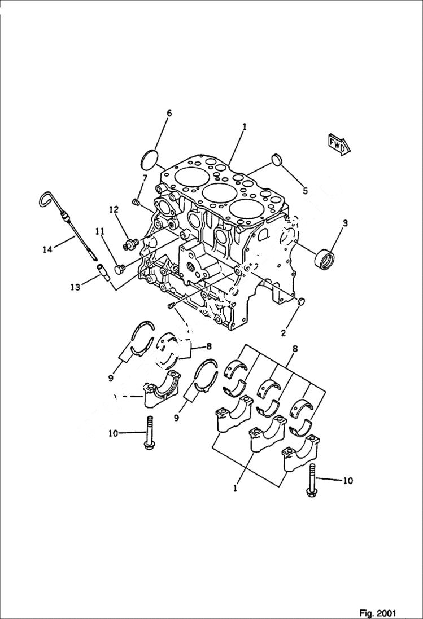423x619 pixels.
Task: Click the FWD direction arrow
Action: coord(338,143)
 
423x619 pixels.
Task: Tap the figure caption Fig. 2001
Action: coord(377,613)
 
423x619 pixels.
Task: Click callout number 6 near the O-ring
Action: coord(168,113)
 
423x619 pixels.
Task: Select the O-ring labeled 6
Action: coord(149,159)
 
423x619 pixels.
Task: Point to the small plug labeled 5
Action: coord(277,160)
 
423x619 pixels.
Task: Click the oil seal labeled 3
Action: coord(325,258)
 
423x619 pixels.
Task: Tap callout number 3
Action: coord(344,223)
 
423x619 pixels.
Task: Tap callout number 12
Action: coord(114,209)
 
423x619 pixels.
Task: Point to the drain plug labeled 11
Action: coord(119,269)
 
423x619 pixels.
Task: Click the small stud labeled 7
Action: coord(136,201)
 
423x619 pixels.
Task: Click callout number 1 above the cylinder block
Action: coord(244,128)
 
